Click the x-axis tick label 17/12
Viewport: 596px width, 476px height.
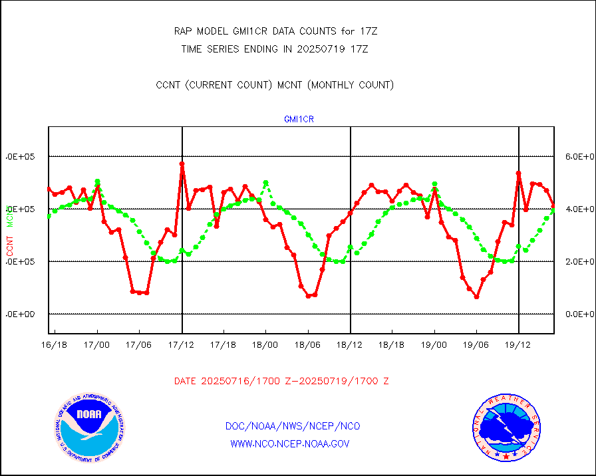[x=182, y=345]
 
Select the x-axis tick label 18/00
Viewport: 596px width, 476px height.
[x=266, y=345]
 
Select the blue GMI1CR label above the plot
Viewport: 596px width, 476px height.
[x=299, y=120]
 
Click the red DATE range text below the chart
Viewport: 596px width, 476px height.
[x=281, y=382]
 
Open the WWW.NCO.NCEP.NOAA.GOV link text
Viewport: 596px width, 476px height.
[x=290, y=443]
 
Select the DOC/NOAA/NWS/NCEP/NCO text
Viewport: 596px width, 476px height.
[x=293, y=426]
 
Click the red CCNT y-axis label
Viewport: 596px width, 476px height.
[x=10, y=245]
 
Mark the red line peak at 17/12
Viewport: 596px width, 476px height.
[x=182, y=164]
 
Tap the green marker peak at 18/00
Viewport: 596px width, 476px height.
[x=266, y=182]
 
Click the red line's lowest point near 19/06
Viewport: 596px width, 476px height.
[x=477, y=297]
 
